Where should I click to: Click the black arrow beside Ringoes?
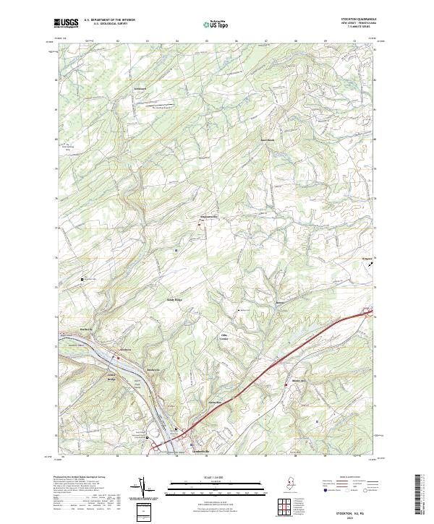point(371,265)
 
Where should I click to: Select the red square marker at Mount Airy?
point(286,386)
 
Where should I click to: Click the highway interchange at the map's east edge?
point(367,313)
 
